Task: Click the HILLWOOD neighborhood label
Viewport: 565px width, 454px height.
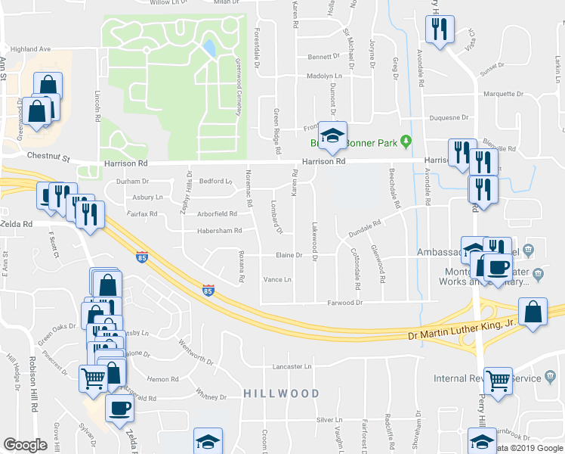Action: pyautogui.click(x=282, y=393)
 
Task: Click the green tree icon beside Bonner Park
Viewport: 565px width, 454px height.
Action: pyautogui.click(x=406, y=141)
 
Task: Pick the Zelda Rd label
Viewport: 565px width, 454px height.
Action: pyautogui.click(x=17, y=225)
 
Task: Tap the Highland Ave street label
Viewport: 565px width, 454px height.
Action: pyautogui.click(x=30, y=48)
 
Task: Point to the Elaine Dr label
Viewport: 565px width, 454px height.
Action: pyautogui.click(x=289, y=256)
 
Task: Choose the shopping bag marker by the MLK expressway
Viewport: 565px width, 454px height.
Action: pyautogui.click(x=533, y=313)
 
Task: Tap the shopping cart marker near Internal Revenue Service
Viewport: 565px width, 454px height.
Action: pyautogui.click(x=498, y=381)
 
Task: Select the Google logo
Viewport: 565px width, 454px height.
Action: pyautogui.click(x=25, y=445)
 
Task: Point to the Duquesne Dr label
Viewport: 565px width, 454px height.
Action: pyautogui.click(x=449, y=118)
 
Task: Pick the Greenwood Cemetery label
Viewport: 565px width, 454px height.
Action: pyautogui.click(x=237, y=87)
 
